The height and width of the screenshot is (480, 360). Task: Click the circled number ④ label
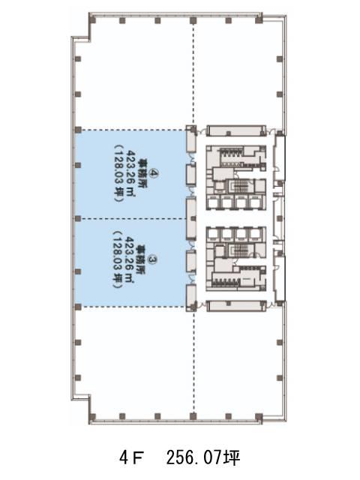pos(154,174)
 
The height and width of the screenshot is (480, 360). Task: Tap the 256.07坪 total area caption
pos(203,458)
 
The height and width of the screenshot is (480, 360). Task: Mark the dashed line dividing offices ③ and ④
pos(130,218)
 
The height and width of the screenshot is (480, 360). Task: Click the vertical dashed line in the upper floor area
pos(193,73)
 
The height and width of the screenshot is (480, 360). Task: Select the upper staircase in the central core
pos(240,187)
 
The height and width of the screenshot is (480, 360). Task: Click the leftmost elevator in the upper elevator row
pos(213,202)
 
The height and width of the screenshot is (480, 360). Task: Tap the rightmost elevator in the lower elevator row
pos(254,234)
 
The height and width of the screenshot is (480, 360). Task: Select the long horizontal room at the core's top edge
pos(236,130)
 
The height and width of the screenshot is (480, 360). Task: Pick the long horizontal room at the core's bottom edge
pos(236,306)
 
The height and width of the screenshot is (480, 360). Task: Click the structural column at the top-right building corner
pos(259,20)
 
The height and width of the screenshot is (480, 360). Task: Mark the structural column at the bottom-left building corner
pos(93,417)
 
